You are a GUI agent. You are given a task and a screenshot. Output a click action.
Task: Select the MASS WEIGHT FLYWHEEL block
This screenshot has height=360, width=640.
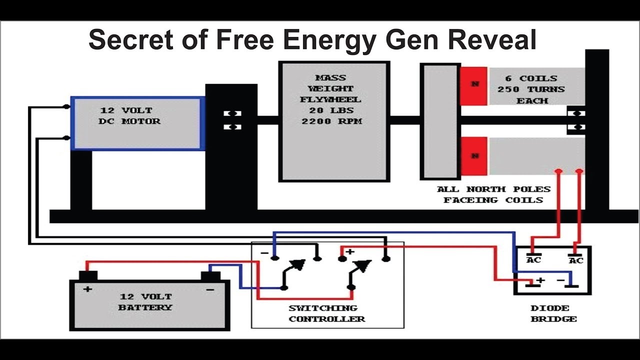333,121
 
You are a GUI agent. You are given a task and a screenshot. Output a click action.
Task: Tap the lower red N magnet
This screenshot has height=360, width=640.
473,156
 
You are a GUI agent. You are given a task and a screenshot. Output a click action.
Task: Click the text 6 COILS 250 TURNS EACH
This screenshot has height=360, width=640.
530,89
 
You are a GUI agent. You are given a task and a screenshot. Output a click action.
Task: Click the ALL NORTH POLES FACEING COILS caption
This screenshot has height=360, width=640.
493,194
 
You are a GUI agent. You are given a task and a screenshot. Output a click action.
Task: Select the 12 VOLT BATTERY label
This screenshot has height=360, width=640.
145,302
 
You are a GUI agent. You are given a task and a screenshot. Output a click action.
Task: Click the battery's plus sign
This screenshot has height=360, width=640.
88,289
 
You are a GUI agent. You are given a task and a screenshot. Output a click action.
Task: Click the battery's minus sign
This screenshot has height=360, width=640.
210,289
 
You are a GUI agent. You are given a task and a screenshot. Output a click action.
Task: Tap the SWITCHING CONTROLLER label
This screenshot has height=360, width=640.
326,313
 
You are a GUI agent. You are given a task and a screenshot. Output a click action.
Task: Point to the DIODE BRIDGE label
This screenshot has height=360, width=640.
553,313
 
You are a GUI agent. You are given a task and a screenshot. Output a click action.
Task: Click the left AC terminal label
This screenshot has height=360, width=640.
533,260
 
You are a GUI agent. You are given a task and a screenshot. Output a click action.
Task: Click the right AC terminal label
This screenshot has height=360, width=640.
575,260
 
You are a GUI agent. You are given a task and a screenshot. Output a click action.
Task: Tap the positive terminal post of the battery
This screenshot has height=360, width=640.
88,275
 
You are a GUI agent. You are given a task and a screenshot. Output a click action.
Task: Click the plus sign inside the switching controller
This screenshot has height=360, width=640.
350,251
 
